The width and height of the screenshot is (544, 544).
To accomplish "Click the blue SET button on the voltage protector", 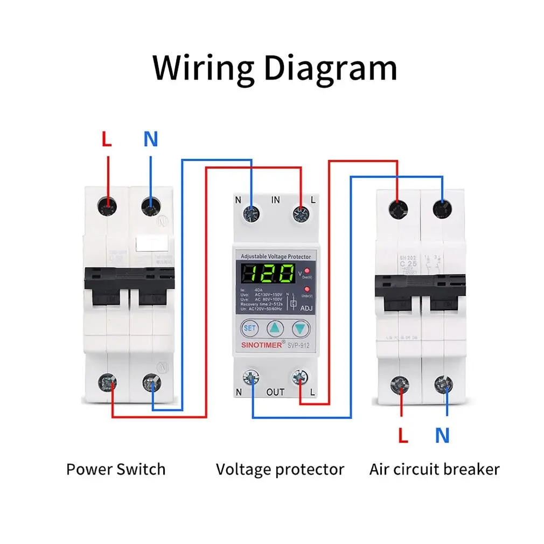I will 250,327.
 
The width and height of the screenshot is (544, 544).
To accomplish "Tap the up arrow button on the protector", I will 275,327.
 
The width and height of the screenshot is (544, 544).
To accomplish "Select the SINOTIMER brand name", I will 261,345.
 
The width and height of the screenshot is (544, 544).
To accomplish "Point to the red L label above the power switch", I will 107,140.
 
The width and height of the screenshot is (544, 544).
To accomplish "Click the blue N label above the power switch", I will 151,140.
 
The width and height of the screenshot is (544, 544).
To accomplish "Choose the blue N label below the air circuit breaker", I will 442,435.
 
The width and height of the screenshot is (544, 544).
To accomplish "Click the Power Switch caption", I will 116,469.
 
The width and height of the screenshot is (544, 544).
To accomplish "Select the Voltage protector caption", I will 280,469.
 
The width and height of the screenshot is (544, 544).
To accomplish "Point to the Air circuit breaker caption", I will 434,469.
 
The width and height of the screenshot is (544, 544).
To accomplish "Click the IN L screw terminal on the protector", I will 300,214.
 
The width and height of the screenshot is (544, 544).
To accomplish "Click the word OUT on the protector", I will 275,392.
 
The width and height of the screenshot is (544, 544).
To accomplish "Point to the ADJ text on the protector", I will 305,309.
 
